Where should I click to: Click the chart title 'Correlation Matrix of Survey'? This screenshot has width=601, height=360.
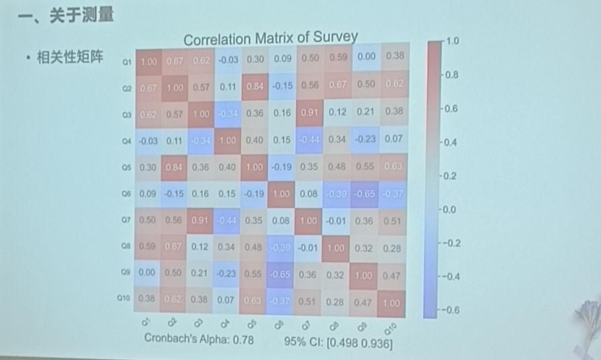270,39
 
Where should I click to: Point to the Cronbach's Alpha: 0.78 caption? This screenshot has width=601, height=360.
199,339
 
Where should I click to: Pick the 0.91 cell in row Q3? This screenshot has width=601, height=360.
311,113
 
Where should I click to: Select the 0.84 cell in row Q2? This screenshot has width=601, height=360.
255,87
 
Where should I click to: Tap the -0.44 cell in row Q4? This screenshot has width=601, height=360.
311,139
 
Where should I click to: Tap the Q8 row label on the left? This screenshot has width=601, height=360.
126,247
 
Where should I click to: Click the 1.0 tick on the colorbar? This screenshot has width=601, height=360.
452,41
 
